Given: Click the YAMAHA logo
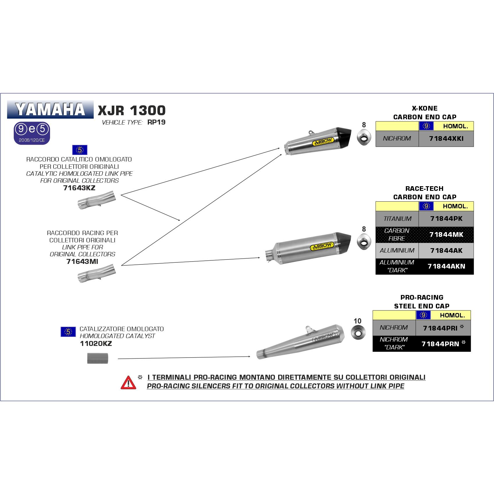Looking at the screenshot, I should click(x=50, y=109).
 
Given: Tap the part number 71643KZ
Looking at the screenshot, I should click(x=79, y=188).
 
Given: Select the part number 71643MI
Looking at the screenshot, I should click(x=82, y=261).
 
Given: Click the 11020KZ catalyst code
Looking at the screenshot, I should click(x=96, y=344).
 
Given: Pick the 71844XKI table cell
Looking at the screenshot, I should click(x=446, y=139).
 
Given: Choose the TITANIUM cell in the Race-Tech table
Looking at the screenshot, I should click(x=397, y=219).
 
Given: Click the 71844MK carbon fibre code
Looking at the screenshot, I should click(x=446, y=234).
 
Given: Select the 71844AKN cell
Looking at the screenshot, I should click(x=446, y=266).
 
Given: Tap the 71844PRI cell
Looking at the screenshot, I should click(x=441, y=328).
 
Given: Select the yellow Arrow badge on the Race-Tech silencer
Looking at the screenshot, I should click(x=322, y=246).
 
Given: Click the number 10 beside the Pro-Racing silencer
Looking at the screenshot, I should click(x=357, y=321).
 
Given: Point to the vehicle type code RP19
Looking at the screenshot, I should click(x=156, y=122).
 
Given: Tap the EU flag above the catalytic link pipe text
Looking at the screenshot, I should click(x=79, y=150).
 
